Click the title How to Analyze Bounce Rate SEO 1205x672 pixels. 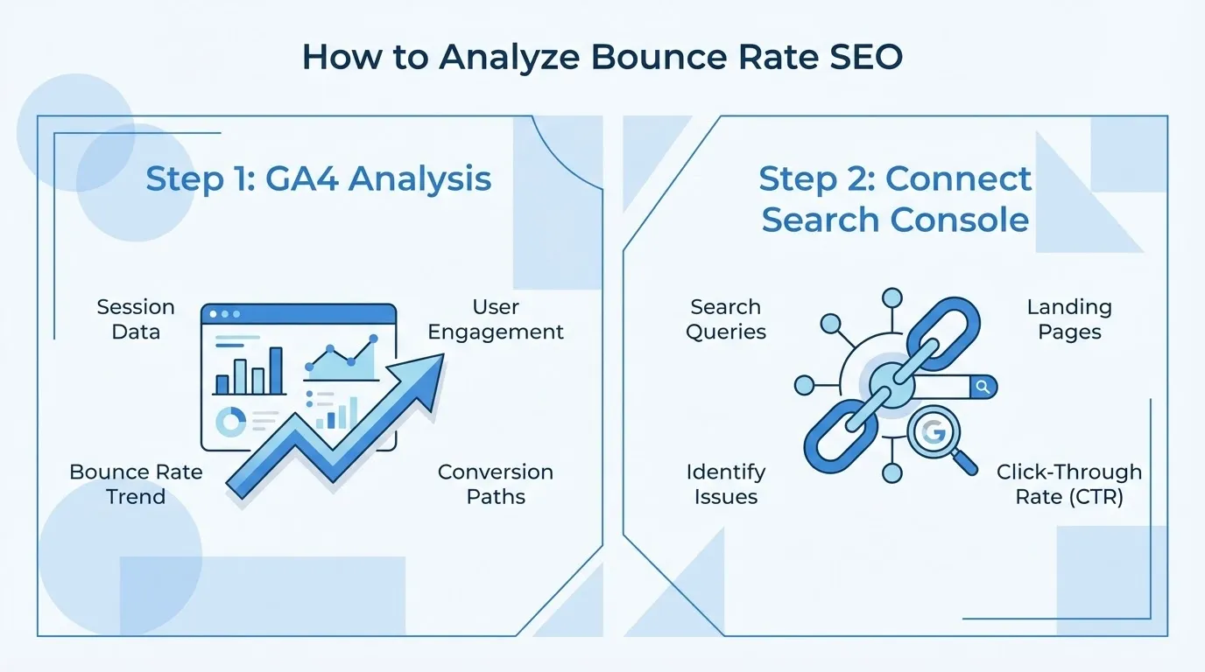pyautogui.click(x=602, y=57)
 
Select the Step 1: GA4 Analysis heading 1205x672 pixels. pyautogui.click(x=318, y=178)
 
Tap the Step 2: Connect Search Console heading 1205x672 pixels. pyautogui.click(x=895, y=199)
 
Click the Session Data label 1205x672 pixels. pyautogui.click(x=136, y=319)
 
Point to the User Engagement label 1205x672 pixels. pyautogui.click(x=496, y=319)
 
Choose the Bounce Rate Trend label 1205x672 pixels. pyautogui.click(x=136, y=484)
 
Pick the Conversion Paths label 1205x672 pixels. pyautogui.click(x=496, y=484)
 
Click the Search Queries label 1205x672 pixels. pyautogui.click(x=726, y=319)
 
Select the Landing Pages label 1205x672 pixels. pyautogui.click(x=1069, y=319)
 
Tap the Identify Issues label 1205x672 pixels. pyautogui.click(x=726, y=484)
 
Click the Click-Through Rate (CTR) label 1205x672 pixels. pyautogui.click(x=1069, y=484)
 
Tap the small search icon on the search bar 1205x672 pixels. pyautogui.click(x=983, y=387)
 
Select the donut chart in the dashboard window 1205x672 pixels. pyautogui.click(x=231, y=423)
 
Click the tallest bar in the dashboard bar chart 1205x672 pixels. pyautogui.click(x=276, y=371)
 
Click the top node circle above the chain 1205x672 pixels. pyautogui.click(x=891, y=298)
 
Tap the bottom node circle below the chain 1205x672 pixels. pyautogui.click(x=891, y=473)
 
